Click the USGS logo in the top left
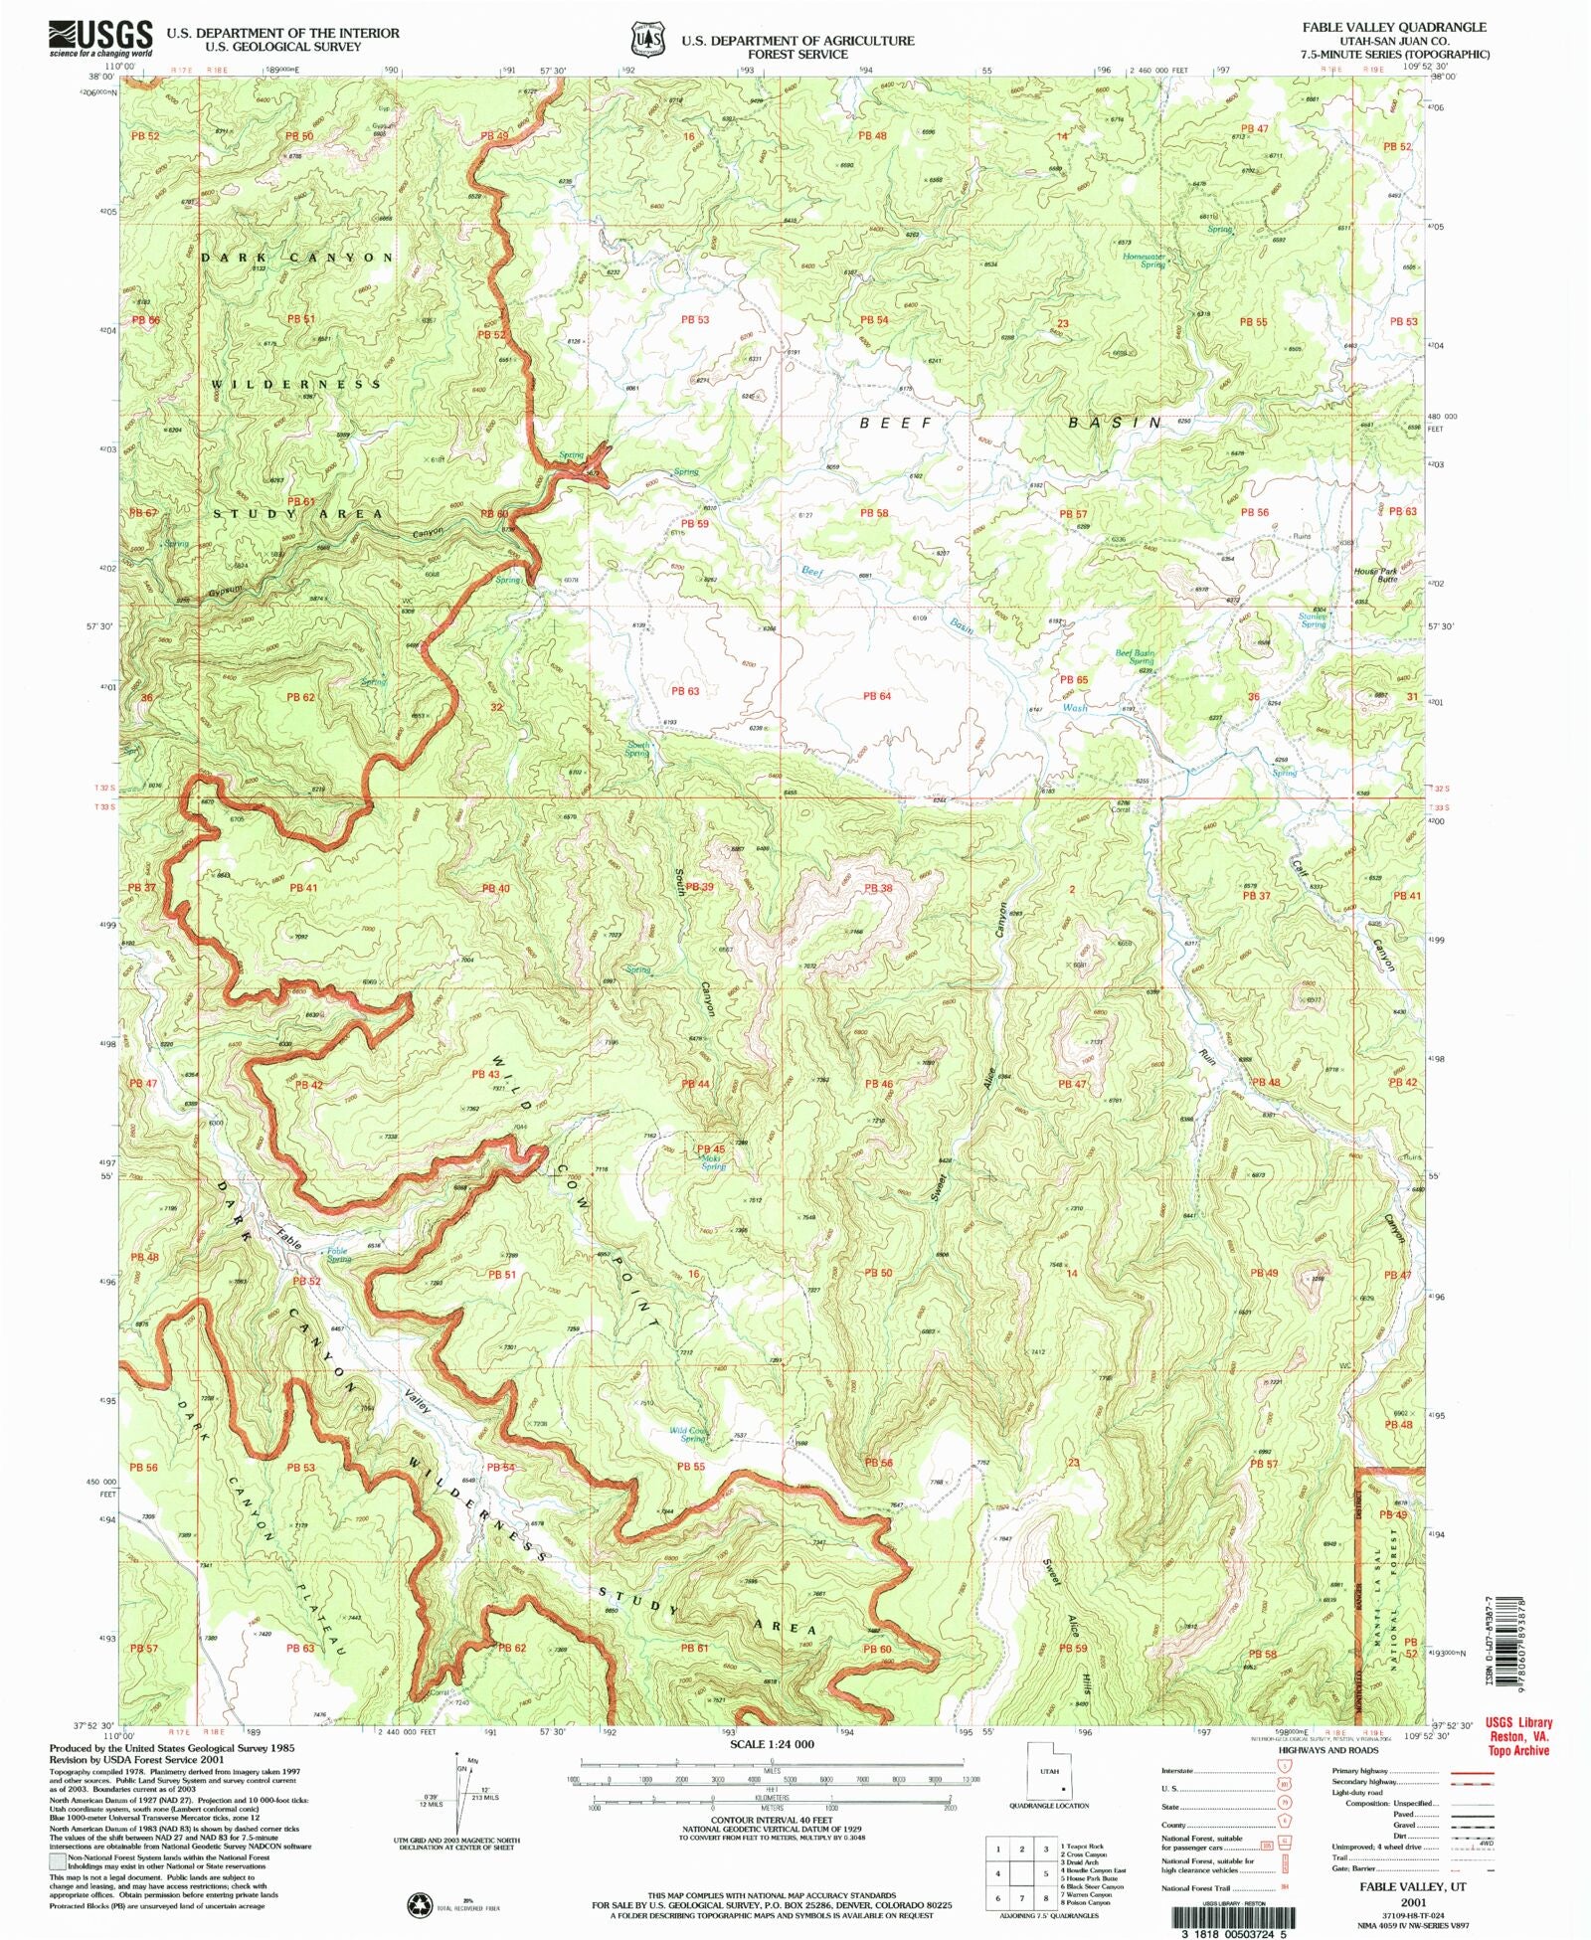(x=100, y=38)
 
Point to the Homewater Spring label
(x=1144, y=261)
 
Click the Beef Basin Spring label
(x=1135, y=657)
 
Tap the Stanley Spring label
(x=1313, y=620)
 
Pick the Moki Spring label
(x=713, y=1162)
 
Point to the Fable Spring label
(x=339, y=1255)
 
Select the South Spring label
(x=637, y=749)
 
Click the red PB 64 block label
(x=877, y=696)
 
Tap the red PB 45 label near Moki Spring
(x=710, y=1148)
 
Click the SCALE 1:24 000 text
(x=772, y=1744)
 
